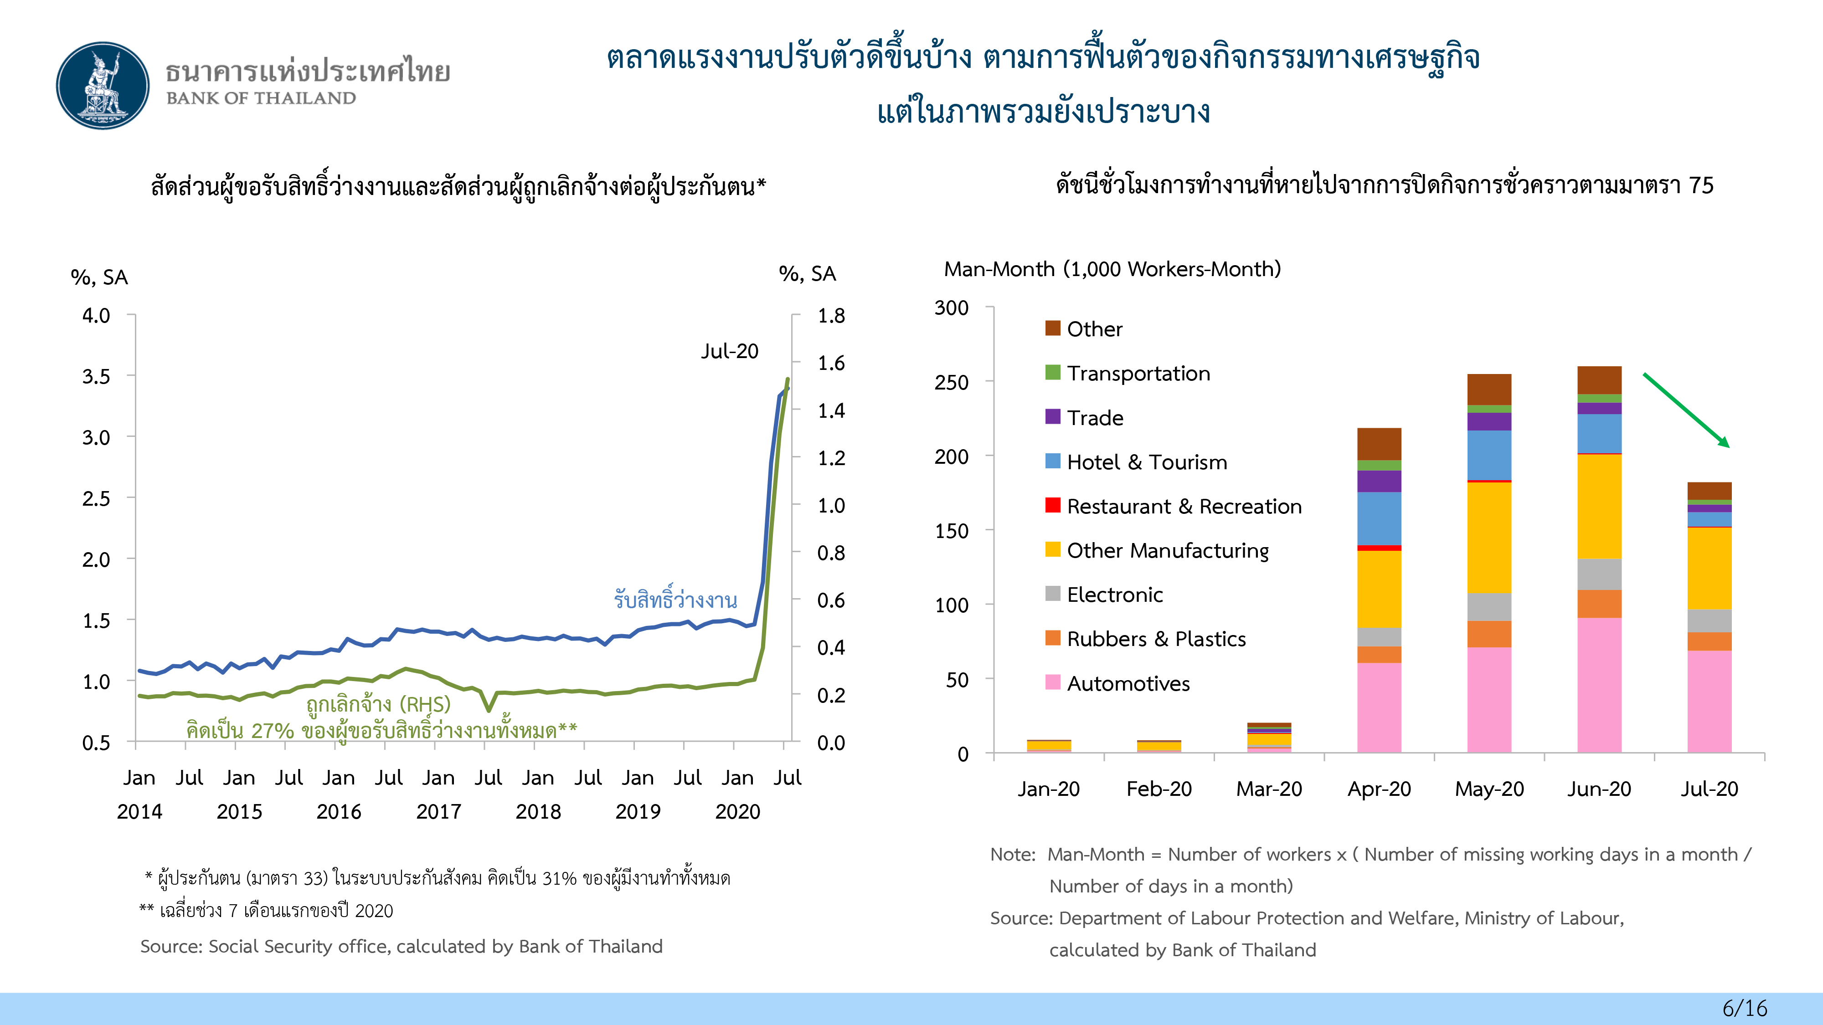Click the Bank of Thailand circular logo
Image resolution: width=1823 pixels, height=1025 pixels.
click(x=103, y=86)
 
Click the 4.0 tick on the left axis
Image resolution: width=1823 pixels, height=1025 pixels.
click(x=96, y=316)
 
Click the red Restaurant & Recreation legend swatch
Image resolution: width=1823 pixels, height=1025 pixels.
click(x=1052, y=505)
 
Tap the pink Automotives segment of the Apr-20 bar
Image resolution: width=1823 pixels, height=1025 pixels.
click(x=1379, y=707)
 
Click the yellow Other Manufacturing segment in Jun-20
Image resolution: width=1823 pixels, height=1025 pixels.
click(x=1599, y=506)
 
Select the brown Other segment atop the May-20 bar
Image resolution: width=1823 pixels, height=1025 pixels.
click(x=1489, y=389)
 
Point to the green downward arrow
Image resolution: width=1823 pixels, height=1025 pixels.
click(x=1686, y=410)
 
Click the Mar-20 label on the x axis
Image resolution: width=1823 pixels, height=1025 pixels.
click(x=1269, y=789)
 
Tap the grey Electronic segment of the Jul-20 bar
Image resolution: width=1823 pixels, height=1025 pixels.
click(x=1709, y=620)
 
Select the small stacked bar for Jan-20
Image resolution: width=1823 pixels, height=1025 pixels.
click(x=1048, y=746)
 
